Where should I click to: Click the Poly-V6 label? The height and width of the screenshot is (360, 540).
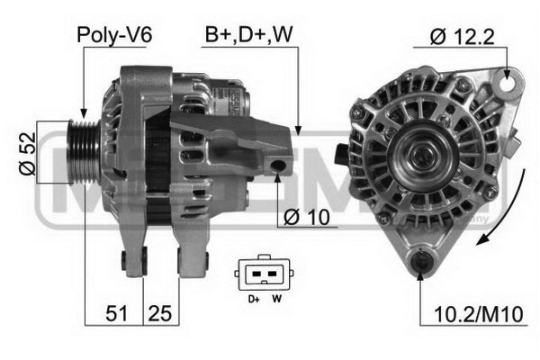[x=114, y=35]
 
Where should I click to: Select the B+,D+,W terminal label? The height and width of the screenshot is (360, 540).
[x=248, y=34]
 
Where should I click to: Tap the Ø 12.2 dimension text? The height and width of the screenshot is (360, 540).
[x=463, y=37]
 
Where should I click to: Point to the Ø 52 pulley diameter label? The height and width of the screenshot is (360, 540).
[x=28, y=154]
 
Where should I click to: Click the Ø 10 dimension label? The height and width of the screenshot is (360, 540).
[x=307, y=217]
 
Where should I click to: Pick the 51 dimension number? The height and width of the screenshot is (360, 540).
[x=116, y=313]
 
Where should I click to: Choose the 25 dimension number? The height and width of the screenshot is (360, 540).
[x=160, y=313]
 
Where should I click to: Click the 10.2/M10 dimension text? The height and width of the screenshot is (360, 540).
[x=479, y=314]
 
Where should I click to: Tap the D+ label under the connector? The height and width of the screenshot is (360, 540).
[x=254, y=299]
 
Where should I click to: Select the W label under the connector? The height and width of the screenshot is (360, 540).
[x=277, y=299]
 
